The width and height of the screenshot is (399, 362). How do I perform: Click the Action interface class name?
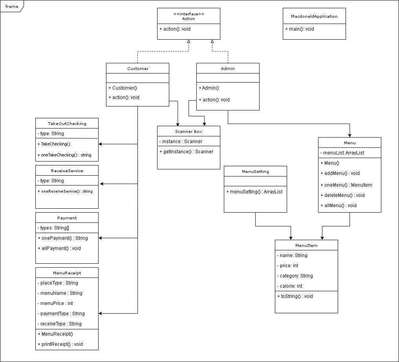click(189, 18)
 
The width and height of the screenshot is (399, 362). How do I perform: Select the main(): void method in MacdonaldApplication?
click(300, 29)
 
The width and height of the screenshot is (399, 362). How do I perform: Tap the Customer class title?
click(138, 68)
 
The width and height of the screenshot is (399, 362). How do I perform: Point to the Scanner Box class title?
click(189, 131)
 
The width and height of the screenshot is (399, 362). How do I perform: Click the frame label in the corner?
click(12, 6)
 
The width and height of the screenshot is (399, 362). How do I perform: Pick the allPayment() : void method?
click(59, 248)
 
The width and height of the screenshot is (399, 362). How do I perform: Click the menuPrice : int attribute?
click(57, 303)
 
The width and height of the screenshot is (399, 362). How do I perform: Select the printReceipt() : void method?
click(60, 344)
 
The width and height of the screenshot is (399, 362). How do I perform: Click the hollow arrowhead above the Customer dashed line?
click(189, 42)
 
